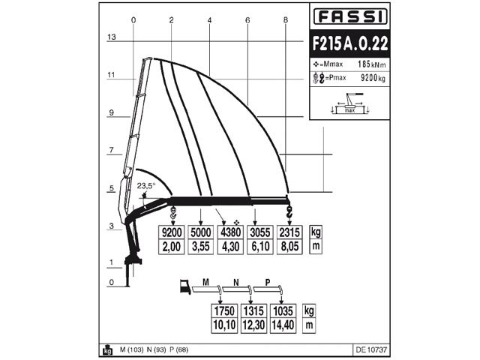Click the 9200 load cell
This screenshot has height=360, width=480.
[x=173, y=232]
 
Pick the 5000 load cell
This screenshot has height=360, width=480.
[x=201, y=232]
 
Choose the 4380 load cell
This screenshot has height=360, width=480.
[x=228, y=232]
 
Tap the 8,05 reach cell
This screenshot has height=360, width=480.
[x=289, y=245]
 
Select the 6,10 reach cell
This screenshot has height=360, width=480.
[x=259, y=245]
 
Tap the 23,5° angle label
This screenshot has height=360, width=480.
[x=145, y=186]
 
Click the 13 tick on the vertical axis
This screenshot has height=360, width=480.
[x=112, y=37]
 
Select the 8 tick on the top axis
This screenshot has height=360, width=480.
[x=286, y=19]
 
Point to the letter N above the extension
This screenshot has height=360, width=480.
[x=235, y=283]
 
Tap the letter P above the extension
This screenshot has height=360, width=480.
[x=266, y=283]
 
